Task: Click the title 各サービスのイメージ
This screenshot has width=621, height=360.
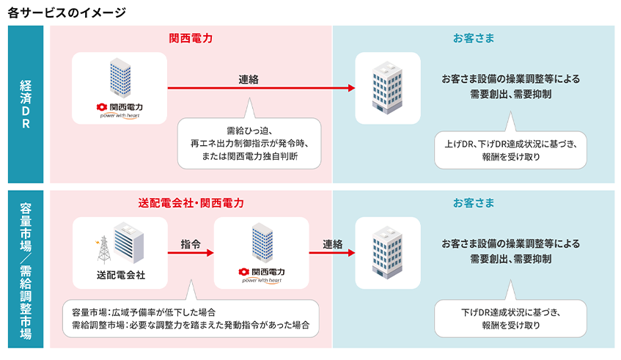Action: coord(67,12)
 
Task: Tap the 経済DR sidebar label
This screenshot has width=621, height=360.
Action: coord(26,104)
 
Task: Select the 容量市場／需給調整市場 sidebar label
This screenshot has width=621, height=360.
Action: coord(26,271)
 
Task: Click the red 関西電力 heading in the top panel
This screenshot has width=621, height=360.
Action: coord(191,38)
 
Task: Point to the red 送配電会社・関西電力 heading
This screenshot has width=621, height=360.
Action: coord(191,203)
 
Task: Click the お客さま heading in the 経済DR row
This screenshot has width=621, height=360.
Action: coord(474,38)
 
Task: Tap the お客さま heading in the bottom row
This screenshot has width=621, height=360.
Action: coord(474,203)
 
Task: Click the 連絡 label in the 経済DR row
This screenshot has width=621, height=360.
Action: coord(249,80)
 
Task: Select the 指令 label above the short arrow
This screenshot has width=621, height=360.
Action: coord(191,244)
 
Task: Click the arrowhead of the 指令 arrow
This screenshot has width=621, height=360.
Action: coord(210,253)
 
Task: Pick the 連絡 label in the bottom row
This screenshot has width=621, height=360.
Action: coord(332,244)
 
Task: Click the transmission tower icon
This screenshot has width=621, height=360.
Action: coord(103,250)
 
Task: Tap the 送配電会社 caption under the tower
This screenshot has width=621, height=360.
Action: coord(121,275)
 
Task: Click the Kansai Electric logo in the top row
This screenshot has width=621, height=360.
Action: coord(120,111)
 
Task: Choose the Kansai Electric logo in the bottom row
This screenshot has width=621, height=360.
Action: coord(262,275)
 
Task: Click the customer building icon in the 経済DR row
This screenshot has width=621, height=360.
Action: coord(387,87)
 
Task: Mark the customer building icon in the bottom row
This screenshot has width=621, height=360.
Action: coord(387,252)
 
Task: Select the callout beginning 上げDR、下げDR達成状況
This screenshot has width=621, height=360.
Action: coord(510,150)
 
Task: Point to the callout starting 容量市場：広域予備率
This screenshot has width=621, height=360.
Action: coord(191,318)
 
